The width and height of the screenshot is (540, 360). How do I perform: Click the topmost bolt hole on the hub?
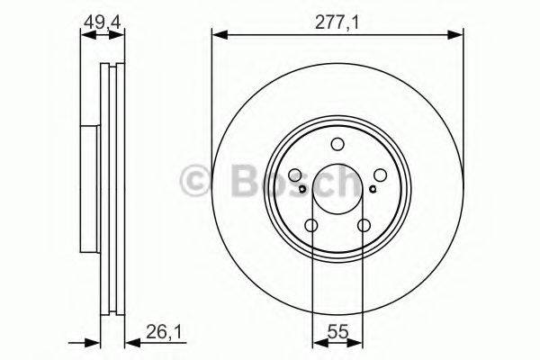click(337, 144)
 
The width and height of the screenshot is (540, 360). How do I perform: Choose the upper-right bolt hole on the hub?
click(379, 176)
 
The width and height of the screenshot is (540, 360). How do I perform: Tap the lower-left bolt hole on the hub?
click(311, 226)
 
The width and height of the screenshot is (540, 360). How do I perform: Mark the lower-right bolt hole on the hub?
click(364, 226)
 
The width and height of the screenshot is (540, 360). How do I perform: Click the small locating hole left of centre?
click(302, 188)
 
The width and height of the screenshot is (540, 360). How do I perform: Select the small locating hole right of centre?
click(373, 188)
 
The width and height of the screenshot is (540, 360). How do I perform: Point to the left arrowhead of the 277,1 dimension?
click(217, 35)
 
